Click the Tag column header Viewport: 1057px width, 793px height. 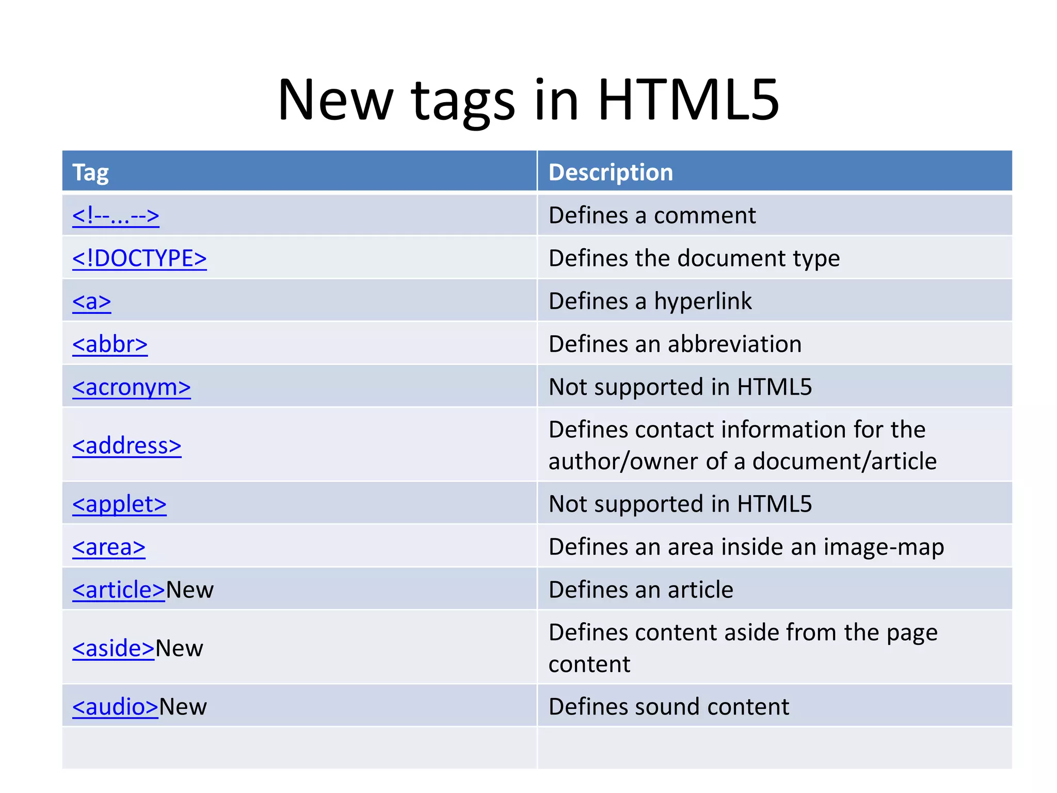[x=91, y=172]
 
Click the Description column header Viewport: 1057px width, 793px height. [x=611, y=172]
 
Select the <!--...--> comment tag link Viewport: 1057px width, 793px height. [x=116, y=216]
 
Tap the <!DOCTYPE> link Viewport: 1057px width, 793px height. [x=139, y=258]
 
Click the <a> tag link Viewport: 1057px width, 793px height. [x=92, y=302]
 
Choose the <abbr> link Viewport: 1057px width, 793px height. [x=110, y=344]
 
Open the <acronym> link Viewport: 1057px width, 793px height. [x=132, y=387]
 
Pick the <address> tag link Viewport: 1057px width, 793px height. [x=127, y=446]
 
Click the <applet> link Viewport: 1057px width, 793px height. [x=119, y=504]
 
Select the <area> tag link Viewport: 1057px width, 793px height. [x=109, y=547]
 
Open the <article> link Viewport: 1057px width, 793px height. [x=119, y=590]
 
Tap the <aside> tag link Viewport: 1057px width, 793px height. [x=114, y=648]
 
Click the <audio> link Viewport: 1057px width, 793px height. [x=115, y=707]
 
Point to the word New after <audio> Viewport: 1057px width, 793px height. [x=183, y=707]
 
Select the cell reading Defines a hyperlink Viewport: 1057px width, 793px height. [x=650, y=301]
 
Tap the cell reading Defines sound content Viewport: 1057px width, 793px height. [x=669, y=707]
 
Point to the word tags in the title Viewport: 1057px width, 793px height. [x=463, y=101]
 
